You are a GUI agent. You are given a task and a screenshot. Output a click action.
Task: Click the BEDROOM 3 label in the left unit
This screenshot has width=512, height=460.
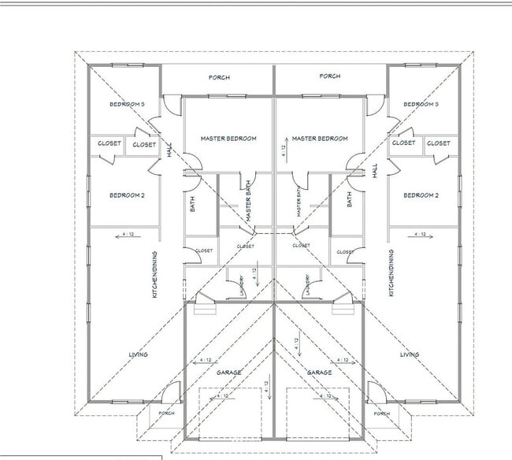[x=126, y=104]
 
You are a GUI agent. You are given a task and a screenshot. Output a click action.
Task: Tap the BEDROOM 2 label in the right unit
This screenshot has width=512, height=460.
[x=420, y=195]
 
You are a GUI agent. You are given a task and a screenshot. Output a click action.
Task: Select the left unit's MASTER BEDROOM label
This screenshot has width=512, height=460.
[x=228, y=139]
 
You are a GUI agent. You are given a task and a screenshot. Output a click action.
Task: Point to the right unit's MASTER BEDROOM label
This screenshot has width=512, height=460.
[x=320, y=139]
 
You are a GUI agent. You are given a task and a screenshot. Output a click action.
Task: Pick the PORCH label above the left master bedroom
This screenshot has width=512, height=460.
[x=218, y=77]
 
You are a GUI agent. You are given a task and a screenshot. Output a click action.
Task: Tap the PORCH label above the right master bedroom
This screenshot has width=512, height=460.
[x=330, y=76]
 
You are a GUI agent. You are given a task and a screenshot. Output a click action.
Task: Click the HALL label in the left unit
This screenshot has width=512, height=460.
[x=169, y=149]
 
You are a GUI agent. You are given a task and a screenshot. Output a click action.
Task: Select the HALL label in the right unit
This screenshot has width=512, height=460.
[x=376, y=170]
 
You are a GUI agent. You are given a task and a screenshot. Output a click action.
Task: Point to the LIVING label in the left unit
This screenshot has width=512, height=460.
[x=138, y=354]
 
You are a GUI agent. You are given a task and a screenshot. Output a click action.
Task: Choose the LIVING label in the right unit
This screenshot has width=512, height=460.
[x=410, y=354]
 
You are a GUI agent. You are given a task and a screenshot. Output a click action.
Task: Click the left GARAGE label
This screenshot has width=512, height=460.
[x=228, y=372]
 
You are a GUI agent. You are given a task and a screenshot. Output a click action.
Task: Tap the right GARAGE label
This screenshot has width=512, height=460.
[x=319, y=372]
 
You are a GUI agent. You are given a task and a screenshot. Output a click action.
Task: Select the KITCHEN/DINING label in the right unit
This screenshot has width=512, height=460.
[x=391, y=273]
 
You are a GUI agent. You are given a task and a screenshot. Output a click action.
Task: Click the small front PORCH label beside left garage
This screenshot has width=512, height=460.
[x=166, y=413]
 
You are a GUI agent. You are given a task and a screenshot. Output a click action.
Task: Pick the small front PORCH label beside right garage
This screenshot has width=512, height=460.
[x=381, y=413]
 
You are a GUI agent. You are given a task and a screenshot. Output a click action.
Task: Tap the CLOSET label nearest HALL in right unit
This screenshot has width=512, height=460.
[x=403, y=143]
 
